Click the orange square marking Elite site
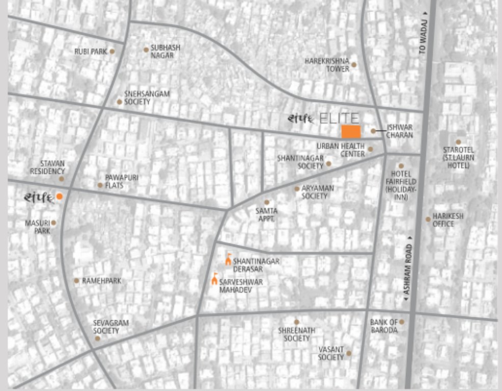[351, 131]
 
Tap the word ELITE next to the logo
[340, 118]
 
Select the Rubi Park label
[91, 51]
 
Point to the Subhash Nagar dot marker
[146, 50]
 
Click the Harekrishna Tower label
[327, 65]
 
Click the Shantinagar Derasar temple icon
[228, 260]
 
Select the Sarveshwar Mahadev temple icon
[214, 278]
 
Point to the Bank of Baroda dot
[402, 322]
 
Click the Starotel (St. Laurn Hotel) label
[458, 157]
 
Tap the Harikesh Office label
[448, 220]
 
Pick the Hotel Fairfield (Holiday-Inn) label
[401, 185]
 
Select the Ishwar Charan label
[399, 131]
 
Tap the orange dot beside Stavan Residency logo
[60, 197]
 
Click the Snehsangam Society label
[147, 98]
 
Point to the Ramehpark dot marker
[76, 281]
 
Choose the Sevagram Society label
[110, 327]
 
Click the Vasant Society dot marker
[349, 353]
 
